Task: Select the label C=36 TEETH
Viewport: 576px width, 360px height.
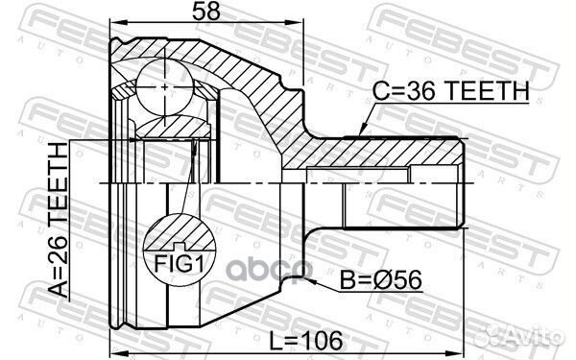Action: pyautogui.click(x=451, y=90)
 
